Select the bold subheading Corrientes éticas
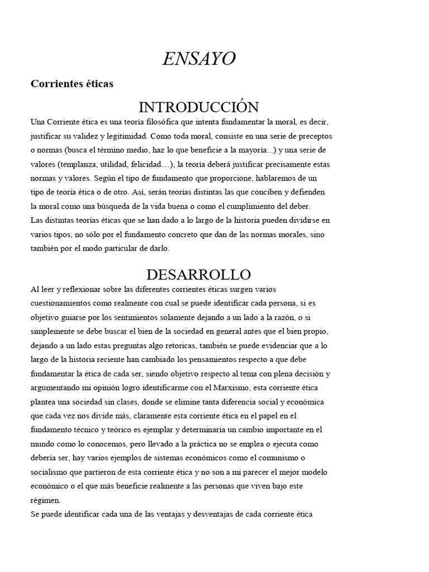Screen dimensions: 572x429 [71, 84]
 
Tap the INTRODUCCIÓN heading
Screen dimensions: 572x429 [198, 107]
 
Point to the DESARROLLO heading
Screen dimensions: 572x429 [198, 274]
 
